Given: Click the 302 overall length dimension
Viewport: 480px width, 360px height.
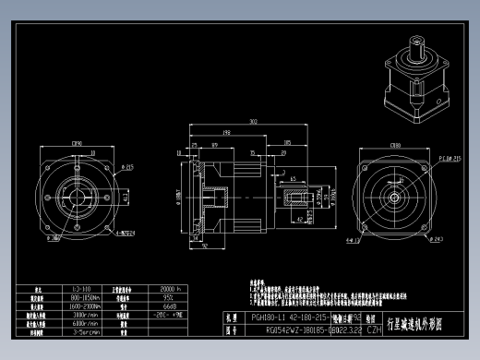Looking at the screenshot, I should click(252, 121).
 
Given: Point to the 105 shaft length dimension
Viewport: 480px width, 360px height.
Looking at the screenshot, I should click(288, 143).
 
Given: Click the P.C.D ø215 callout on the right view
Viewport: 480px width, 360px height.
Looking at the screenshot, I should click(448, 158).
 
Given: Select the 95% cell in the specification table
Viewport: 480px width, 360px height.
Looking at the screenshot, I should click(169, 297).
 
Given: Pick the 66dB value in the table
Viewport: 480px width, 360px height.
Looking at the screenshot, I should click(169, 306).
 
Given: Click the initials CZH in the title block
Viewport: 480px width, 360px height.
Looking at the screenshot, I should click(374, 328).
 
